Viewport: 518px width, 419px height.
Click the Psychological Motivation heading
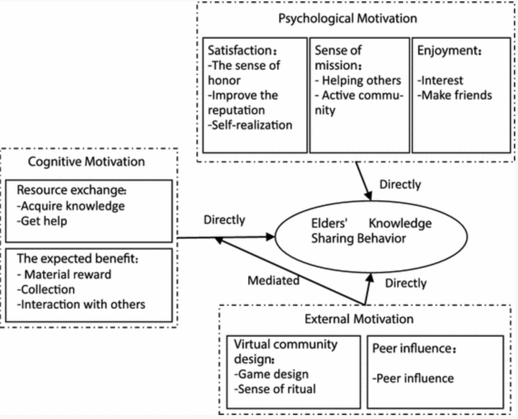355,18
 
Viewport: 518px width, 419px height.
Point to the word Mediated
273,281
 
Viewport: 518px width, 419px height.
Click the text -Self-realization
250,125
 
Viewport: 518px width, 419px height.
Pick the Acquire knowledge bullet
72,206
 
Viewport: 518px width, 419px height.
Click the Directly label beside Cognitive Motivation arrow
224,220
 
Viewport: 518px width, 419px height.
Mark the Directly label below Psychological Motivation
399,184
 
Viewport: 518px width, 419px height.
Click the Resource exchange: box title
71,192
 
